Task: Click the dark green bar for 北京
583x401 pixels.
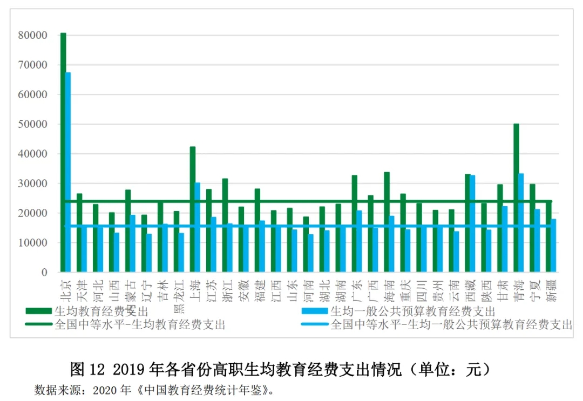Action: coord(63,151)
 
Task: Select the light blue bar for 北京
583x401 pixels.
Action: coord(68,173)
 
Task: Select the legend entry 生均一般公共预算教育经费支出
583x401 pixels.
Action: coord(412,311)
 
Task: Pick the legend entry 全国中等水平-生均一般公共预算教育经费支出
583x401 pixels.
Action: coord(451,324)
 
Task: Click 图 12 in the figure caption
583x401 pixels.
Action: coord(86,370)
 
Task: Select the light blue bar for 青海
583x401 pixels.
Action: coord(521,222)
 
